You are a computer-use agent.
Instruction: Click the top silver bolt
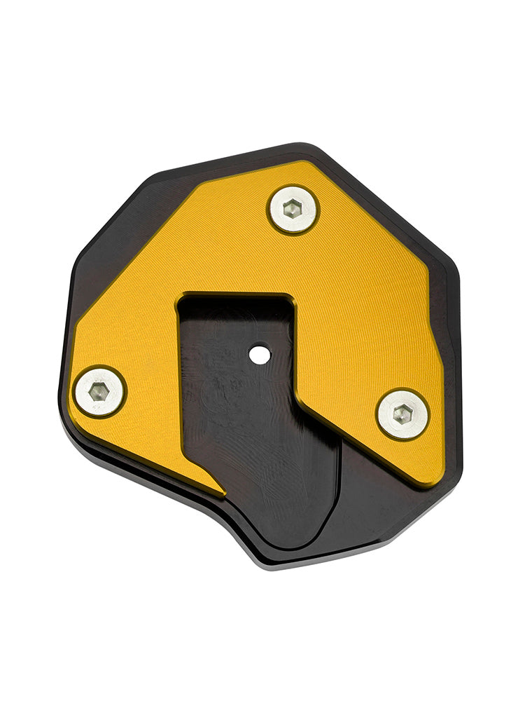tap(293, 209)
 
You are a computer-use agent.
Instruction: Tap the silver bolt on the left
tap(99, 391)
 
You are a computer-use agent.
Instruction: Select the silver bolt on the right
tap(402, 414)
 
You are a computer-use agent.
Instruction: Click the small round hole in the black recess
tap(260, 355)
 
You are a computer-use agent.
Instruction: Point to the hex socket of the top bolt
tap(293, 208)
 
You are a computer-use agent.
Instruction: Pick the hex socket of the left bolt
tap(99, 392)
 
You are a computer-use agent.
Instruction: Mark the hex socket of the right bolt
tap(402, 414)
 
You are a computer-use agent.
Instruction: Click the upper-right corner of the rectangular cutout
tap(288, 297)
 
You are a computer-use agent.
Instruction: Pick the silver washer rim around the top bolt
tap(276, 217)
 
